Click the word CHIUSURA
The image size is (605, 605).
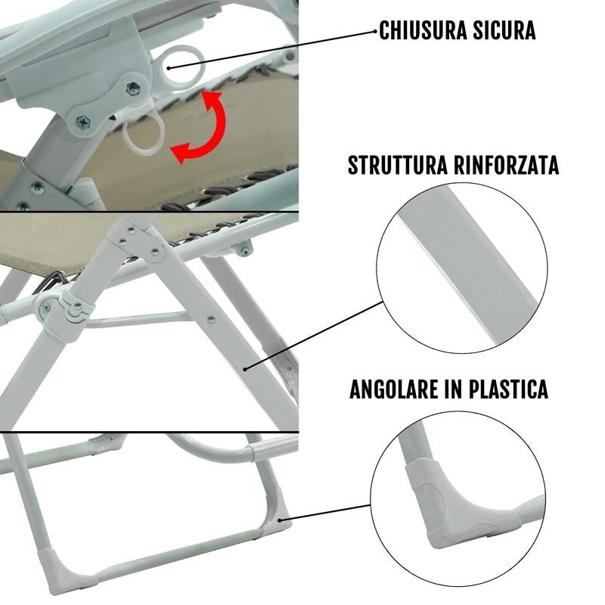[x=423, y=30]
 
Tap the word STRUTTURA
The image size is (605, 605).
[x=398, y=165]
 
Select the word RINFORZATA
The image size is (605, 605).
[x=507, y=165]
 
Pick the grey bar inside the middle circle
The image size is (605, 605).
[x=469, y=266]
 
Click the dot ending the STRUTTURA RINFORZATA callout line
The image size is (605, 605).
[x=245, y=369]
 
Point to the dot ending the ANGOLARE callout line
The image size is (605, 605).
[x=280, y=520]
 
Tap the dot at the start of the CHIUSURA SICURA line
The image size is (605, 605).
[x=169, y=68]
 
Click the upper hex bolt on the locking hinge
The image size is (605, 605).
[x=133, y=88]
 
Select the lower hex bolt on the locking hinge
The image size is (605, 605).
[x=83, y=123]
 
